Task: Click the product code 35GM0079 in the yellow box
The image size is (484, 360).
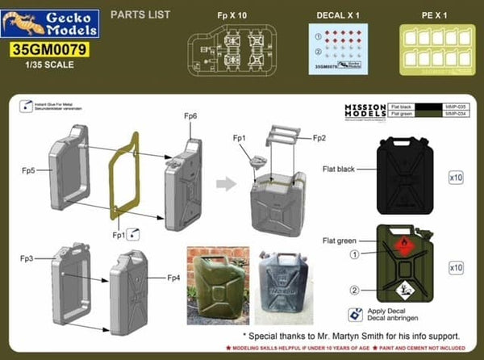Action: (x=50, y=49)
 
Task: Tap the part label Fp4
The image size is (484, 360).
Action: (x=172, y=278)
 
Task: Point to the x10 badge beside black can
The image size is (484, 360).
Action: (x=454, y=174)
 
